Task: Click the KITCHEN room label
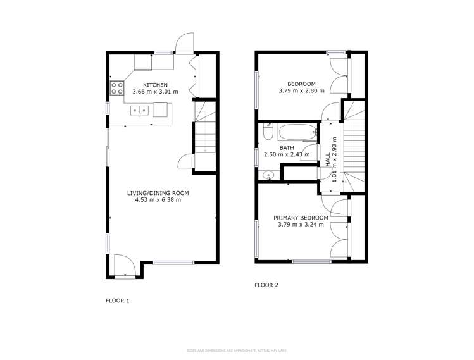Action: [x=155, y=85]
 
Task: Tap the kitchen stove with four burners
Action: [x=117, y=88]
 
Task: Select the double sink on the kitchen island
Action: [x=139, y=111]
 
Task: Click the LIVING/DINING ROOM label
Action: [x=158, y=193]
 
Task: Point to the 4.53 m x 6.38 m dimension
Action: [x=158, y=200]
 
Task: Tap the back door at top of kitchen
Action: [x=184, y=44]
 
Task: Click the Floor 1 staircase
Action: [x=204, y=133]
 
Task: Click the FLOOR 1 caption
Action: [x=117, y=301]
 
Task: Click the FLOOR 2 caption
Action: [x=266, y=285]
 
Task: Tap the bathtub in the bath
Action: [x=296, y=133]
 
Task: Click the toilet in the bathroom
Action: [x=268, y=133]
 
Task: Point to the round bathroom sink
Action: [x=268, y=175]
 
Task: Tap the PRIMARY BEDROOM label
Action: [x=301, y=218]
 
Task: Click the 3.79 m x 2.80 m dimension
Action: [x=301, y=91]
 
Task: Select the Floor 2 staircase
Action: [x=354, y=149]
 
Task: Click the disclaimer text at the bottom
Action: [x=237, y=350]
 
